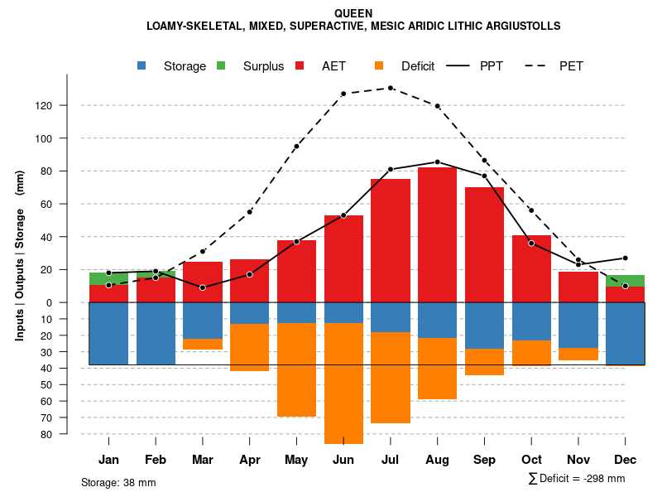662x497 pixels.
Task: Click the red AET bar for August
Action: (437, 234)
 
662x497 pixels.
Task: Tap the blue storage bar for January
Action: (108, 333)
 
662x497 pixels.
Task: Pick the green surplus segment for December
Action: (625, 281)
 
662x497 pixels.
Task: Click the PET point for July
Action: (390, 88)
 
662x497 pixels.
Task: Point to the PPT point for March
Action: (202, 287)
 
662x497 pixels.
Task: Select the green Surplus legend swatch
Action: (221, 65)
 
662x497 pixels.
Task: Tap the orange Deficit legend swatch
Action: (379, 65)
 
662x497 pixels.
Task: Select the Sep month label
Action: (484, 460)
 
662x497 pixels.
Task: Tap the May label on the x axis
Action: (296, 460)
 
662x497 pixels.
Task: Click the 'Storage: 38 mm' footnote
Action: (118, 482)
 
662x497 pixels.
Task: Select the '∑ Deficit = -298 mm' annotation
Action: (576, 479)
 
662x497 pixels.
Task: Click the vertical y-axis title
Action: (20, 255)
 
